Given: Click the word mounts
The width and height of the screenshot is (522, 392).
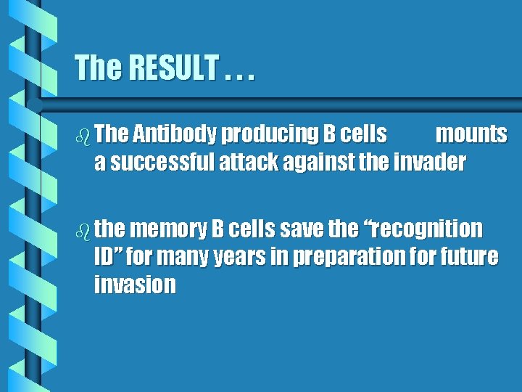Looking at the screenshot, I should pyautogui.click(x=471, y=135).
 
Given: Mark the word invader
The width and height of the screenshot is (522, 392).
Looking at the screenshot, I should pyautogui.click(x=430, y=163).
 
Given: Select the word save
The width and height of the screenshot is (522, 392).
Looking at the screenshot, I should pyautogui.click(x=302, y=230).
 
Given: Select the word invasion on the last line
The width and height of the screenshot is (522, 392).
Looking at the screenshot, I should pyautogui.click(x=135, y=285).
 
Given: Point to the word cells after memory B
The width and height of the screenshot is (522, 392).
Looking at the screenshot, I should pyautogui.click(x=252, y=230).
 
